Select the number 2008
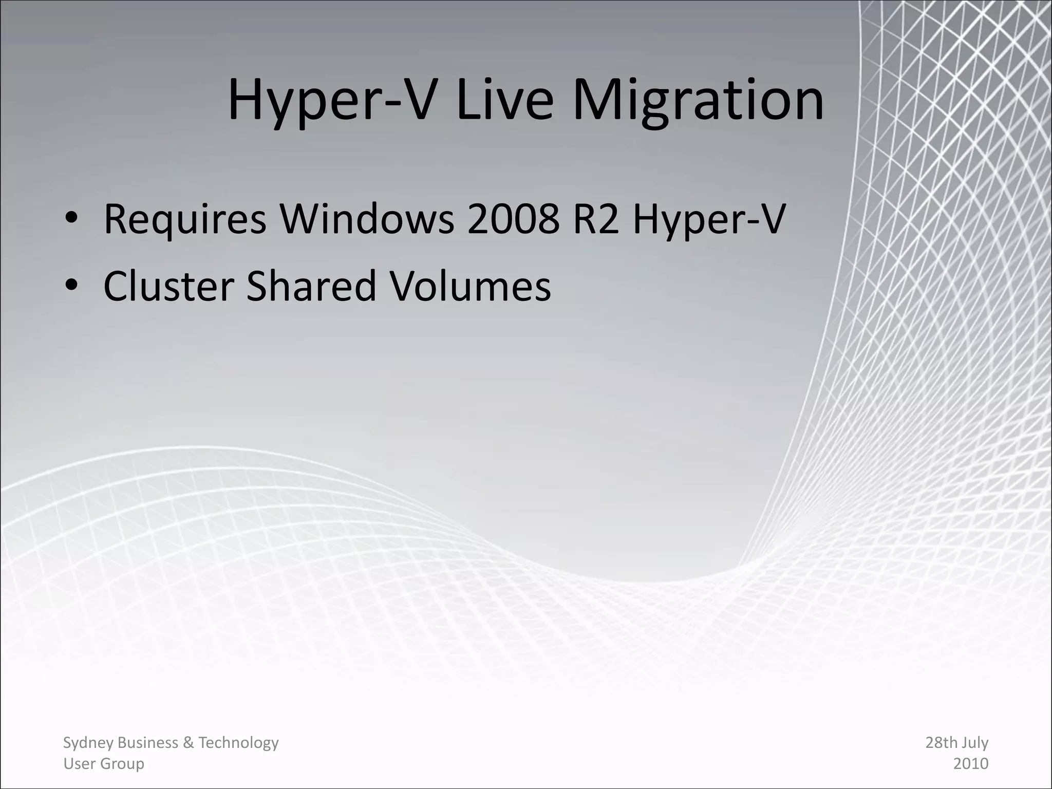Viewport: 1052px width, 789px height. [513, 219]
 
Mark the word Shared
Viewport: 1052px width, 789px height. [312, 286]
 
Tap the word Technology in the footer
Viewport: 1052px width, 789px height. [238, 743]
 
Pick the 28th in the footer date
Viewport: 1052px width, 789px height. [940, 743]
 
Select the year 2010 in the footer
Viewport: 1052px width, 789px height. [971, 764]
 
